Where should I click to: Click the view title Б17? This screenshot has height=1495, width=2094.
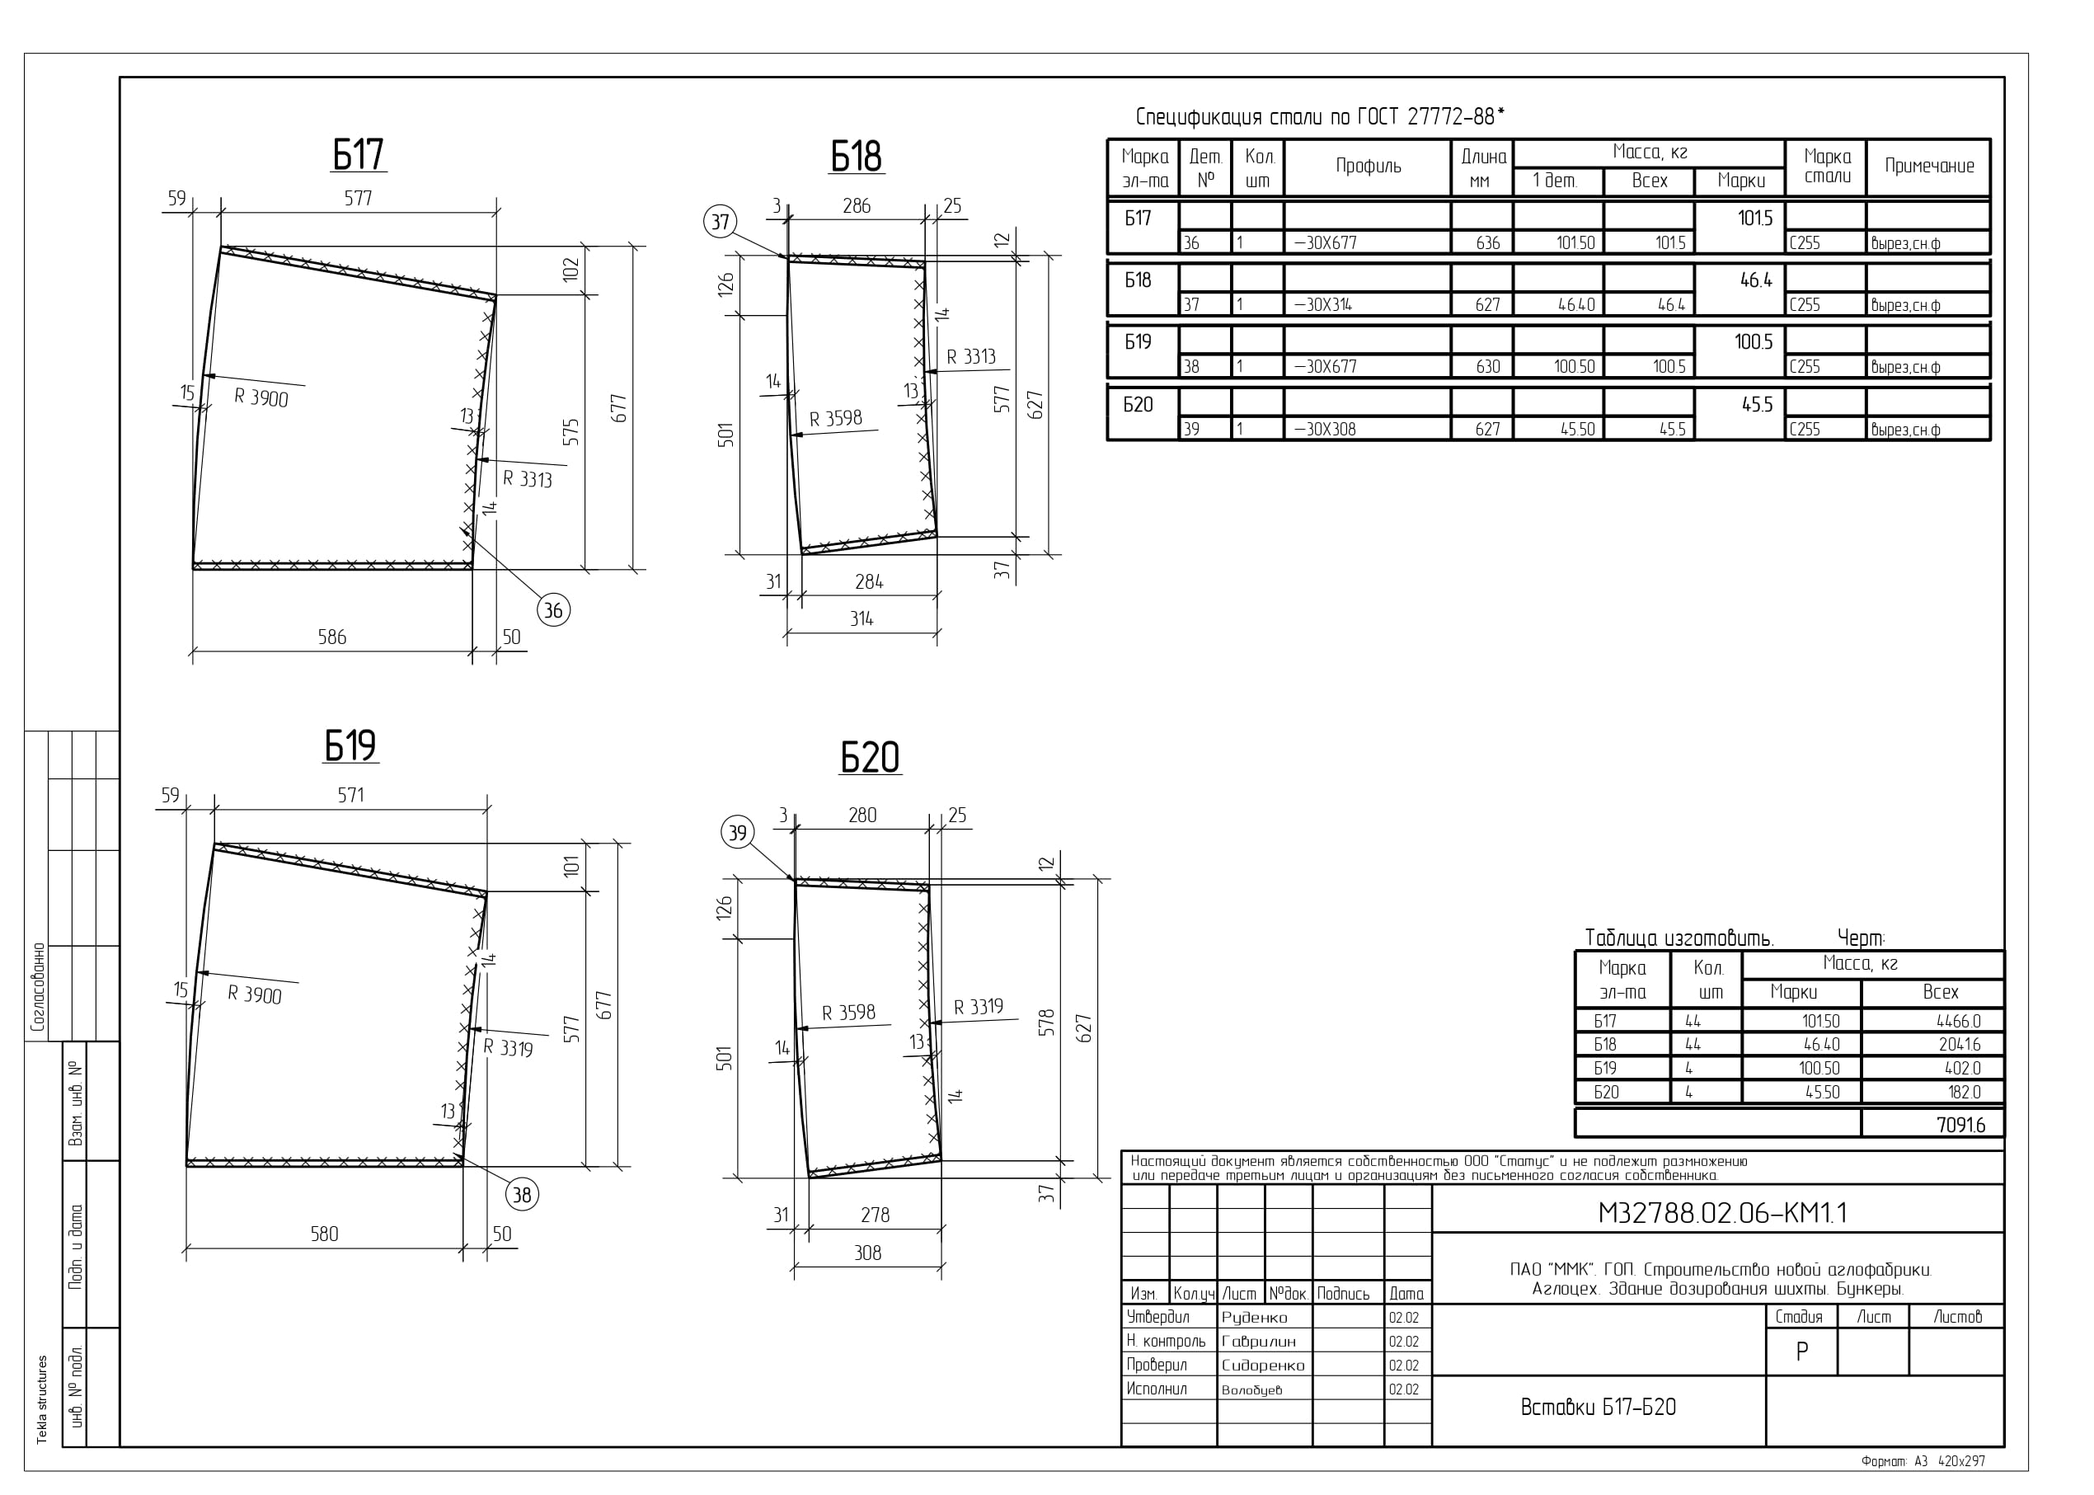[358, 155]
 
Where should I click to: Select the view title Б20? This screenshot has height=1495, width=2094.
[870, 758]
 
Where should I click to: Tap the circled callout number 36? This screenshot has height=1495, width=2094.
[553, 609]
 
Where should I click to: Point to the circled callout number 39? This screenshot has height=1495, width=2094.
[737, 833]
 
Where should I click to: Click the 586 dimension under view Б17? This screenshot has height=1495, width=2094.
[332, 637]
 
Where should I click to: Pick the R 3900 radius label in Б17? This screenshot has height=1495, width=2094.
[261, 397]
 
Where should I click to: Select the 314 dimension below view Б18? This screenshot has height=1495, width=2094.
[862, 618]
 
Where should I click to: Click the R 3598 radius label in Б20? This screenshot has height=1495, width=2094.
[848, 1013]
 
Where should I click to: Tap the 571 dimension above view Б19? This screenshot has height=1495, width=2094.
[350, 796]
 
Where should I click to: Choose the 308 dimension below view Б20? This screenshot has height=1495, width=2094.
[868, 1253]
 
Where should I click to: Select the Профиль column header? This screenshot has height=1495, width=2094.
[1369, 167]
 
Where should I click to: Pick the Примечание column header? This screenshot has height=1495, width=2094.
[1929, 167]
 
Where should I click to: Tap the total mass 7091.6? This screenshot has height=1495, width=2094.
[1960, 1125]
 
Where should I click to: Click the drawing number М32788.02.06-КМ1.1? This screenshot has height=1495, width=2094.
[1722, 1213]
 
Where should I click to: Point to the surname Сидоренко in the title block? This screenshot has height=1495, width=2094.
[1263, 1366]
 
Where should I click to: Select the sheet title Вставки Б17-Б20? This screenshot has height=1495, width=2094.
[1598, 1408]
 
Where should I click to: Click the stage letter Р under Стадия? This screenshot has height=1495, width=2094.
[1801, 1352]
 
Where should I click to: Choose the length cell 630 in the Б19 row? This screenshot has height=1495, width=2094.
[1487, 366]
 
